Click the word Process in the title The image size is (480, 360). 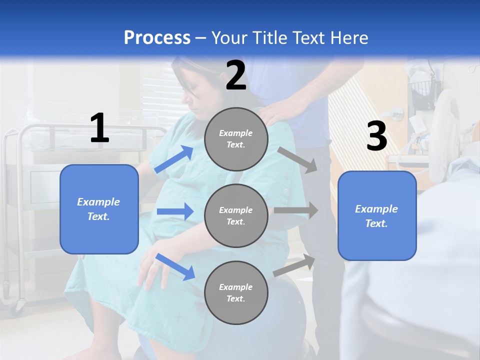pos(157,38)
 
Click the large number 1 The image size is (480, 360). pos(99,128)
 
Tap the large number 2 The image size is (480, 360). pos(236,75)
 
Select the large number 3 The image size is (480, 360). pos(376,136)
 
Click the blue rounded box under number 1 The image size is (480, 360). pos(99,209)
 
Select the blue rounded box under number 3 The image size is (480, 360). pos(377,215)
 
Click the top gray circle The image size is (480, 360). pos(236,139)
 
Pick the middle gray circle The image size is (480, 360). pos(236,215)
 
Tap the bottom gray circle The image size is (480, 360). pos(236,292)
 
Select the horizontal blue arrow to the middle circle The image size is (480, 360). pos(175,211)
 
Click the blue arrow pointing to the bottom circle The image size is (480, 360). pos(175,266)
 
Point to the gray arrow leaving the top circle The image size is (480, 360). pos(297,159)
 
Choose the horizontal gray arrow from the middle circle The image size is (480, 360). pos(296,210)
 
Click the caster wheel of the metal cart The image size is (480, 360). pos(19,305)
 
